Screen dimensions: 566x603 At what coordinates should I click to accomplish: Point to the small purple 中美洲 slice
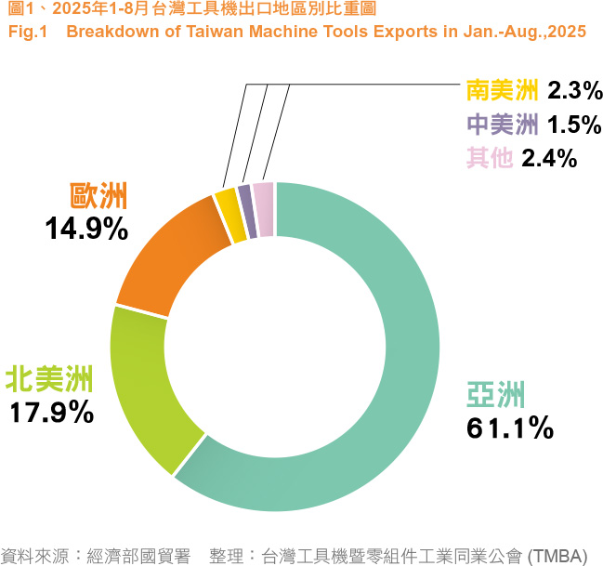tap(246, 198)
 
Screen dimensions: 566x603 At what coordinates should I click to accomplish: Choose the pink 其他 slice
tap(264, 196)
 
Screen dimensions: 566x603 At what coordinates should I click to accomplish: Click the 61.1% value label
tap(509, 428)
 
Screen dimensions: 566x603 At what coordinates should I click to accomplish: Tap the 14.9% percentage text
tap(86, 229)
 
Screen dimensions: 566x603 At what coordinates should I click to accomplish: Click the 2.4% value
tap(550, 158)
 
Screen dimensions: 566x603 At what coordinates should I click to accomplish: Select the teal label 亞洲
tap(494, 395)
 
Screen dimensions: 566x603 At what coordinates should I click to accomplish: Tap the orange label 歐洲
tap(98, 196)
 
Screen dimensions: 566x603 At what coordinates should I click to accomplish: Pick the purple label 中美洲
tap(503, 124)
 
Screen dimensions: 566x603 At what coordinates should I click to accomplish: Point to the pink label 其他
tap(490, 158)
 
